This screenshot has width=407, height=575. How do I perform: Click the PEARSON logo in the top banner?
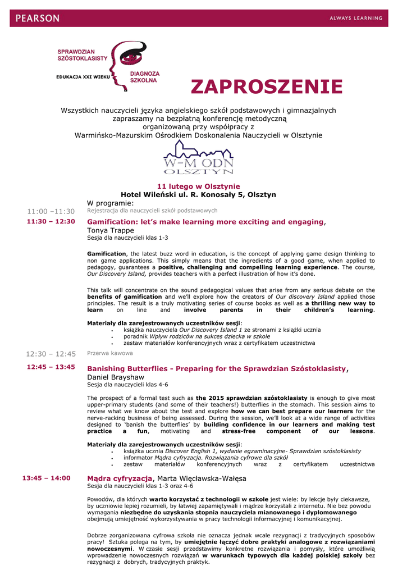[x=38, y=18]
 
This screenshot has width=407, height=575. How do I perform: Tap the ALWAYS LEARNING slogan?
[x=355, y=18]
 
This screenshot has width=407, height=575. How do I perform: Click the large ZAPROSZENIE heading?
[x=266, y=87]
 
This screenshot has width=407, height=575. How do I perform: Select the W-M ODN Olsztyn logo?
[x=198, y=158]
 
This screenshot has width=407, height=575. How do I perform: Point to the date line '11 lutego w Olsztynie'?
[x=198, y=186]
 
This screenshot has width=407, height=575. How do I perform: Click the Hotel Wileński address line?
[x=198, y=195]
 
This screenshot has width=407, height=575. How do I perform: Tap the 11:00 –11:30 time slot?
[x=51, y=211]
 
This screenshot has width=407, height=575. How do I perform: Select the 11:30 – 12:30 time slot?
[x=51, y=222]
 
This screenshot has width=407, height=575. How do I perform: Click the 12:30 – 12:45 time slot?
[x=51, y=354]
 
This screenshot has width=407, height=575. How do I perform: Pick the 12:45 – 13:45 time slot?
[x=51, y=367]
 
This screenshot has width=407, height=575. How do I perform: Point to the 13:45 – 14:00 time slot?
[x=47, y=478]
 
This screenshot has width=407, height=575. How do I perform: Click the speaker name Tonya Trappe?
[x=110, y=230]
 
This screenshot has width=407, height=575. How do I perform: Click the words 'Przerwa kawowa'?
[x=110, y=353]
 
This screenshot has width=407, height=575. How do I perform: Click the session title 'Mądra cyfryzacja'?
[x=120, y=478]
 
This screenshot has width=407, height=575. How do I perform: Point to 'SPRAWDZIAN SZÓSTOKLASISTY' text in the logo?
[x=82, y=55]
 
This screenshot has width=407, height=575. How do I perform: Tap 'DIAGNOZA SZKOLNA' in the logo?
[x=145, y=77]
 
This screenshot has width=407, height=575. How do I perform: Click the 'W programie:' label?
[x=110, y=203]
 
